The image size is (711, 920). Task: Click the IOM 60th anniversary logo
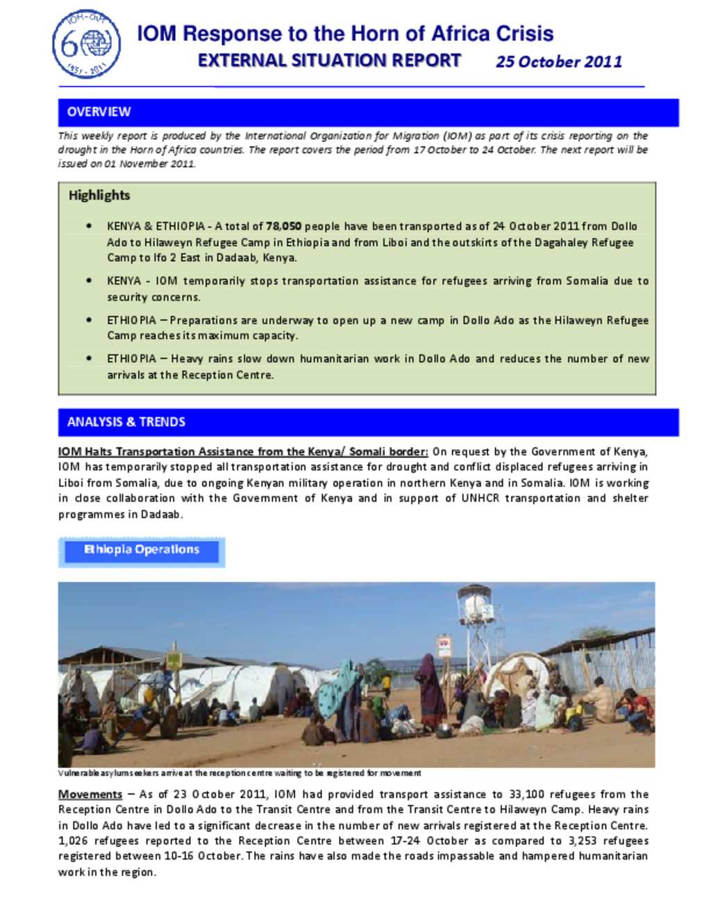coord(86,44)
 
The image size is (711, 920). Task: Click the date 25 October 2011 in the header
coord(559,62)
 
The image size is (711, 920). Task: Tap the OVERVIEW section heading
coord(99,112)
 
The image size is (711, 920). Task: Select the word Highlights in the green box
coord(99,195)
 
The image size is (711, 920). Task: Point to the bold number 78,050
coord(283,226)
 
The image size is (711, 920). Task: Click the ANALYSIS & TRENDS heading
coord(126,421)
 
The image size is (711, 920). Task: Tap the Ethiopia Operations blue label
coord(142,550)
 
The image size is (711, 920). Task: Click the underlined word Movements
coord(90,794)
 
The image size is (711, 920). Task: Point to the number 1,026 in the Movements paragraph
coord(73,841)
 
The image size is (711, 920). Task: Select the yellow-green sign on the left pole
coord(174,660)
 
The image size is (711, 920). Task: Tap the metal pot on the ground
coord(443,730)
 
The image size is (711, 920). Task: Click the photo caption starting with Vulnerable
coord(240,773)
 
